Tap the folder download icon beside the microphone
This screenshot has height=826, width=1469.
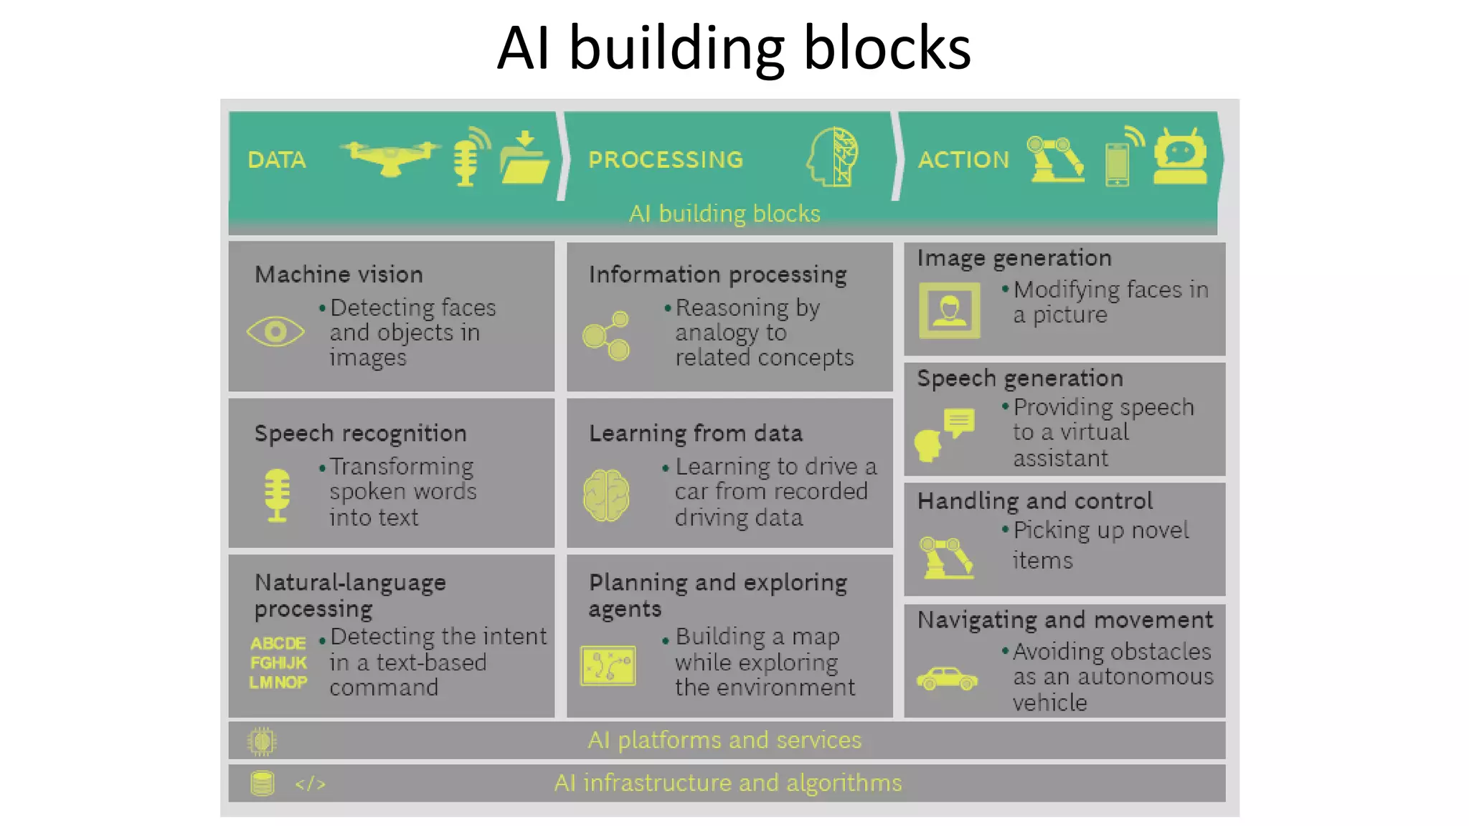524,158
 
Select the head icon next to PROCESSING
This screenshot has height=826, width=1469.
833,157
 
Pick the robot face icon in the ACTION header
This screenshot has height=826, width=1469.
1180,157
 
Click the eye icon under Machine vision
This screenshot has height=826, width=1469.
275,331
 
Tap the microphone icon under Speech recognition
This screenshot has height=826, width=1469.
277,495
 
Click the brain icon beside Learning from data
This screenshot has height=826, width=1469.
606,495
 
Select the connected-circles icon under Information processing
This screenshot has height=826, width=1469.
607,336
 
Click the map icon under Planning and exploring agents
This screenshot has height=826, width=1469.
608,665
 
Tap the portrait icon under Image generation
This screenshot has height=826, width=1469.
949,310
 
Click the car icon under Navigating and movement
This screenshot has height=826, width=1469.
947,678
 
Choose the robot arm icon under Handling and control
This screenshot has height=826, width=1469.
946,557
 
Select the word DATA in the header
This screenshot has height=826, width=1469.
277,160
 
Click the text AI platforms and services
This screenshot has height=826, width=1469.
724,740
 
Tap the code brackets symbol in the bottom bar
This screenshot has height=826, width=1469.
310,784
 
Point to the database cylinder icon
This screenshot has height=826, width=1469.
263,783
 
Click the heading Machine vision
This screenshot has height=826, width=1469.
339,274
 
